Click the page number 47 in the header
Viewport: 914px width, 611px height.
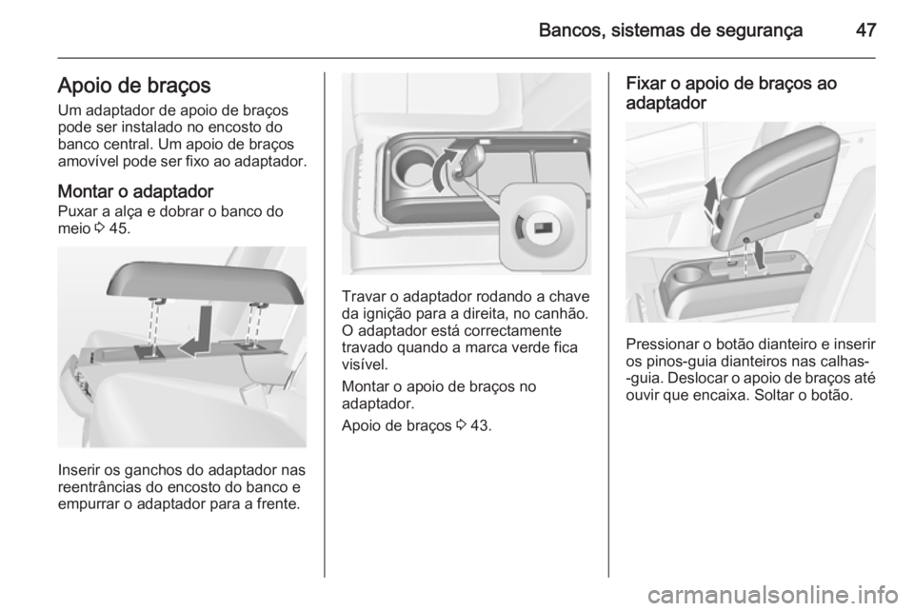(x=864, y=30)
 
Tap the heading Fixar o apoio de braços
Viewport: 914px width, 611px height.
(x=731, y=84)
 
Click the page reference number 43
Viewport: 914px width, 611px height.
(x=484, y=424)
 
